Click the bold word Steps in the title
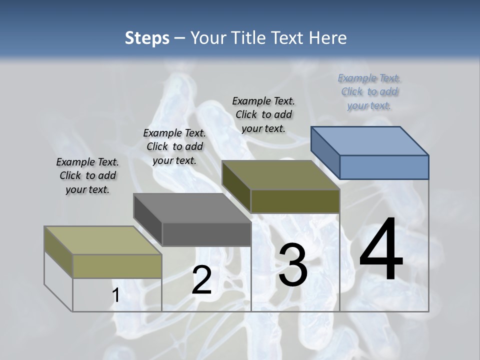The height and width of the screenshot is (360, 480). [x=147, y=38]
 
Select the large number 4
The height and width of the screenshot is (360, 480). [x=381, y=249]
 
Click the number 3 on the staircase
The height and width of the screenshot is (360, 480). [x=293, y=265]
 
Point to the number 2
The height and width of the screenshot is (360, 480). [x=201, y=280]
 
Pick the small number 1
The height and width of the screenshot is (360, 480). [x=115, y=295]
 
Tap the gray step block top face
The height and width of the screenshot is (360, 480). [x=192, y=207]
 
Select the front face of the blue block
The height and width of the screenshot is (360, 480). [x=384, y=167]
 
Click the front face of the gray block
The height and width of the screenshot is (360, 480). [x=206, y=234]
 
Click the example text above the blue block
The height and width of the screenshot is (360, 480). [x=369, y=91]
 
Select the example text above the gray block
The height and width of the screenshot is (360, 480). [x=174, y=146]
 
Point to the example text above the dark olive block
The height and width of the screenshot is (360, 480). [x=263, y=114]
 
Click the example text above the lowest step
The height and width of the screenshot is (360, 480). [x=87, y=175]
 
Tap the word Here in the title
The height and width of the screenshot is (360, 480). [x=328, y=38]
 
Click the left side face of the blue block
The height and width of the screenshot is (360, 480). [x=325, y=152]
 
